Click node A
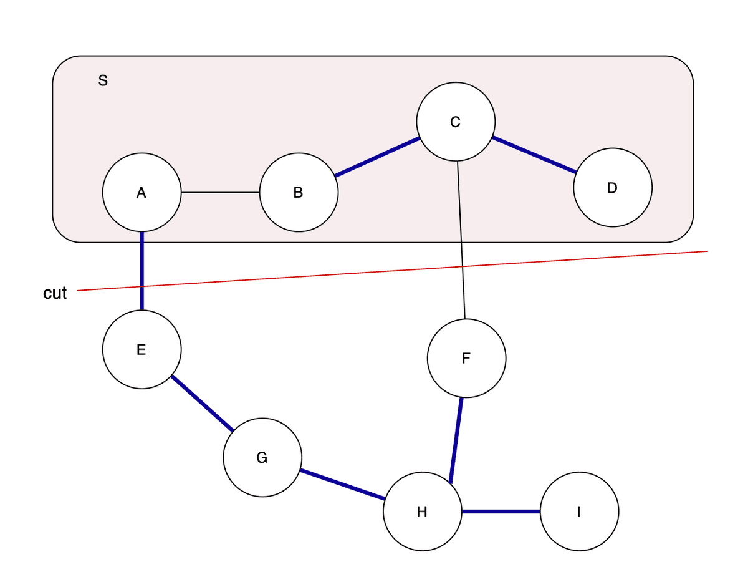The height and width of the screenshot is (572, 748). coord(142,193)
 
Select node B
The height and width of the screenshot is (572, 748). coord(299,193)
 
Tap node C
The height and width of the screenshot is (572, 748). coord(456,122)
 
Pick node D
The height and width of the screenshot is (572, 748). coord(612,187)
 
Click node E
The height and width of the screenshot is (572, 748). coord(142,349)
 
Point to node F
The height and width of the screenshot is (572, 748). coord(466,358)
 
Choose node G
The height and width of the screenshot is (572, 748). coord(262,458)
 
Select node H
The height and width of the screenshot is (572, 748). coord(422,512)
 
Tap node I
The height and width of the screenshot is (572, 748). coord(579,512)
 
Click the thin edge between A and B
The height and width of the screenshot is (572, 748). coord(220,193)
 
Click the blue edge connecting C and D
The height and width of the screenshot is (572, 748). coord(534,154)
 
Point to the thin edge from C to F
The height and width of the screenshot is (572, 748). coord(461,240)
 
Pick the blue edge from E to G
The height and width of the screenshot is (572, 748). coord(202,404)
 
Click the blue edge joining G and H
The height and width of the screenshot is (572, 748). coord(342,485)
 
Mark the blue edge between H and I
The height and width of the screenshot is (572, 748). coord(501,512)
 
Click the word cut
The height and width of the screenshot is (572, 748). coord(55,293)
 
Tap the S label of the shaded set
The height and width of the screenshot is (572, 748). coord(103,80)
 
